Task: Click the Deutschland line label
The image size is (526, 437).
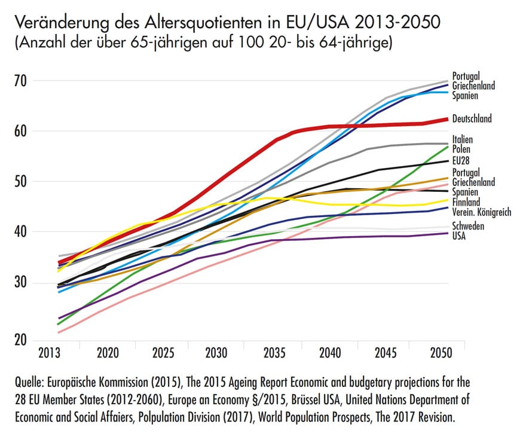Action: pos(472,118)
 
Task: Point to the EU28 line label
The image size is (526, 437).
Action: pos(461,160)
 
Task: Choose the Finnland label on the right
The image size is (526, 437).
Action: pos(466,202)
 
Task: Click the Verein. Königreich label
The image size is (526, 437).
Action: pos(482,212)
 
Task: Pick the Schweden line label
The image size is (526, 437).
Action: pos(467,226)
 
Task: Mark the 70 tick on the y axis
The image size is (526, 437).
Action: pos(22,81)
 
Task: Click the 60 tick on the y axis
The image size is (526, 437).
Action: pos(22,131)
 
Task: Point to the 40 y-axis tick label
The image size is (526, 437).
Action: pos(22,232)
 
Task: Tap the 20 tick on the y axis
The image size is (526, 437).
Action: pos(22,340)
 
